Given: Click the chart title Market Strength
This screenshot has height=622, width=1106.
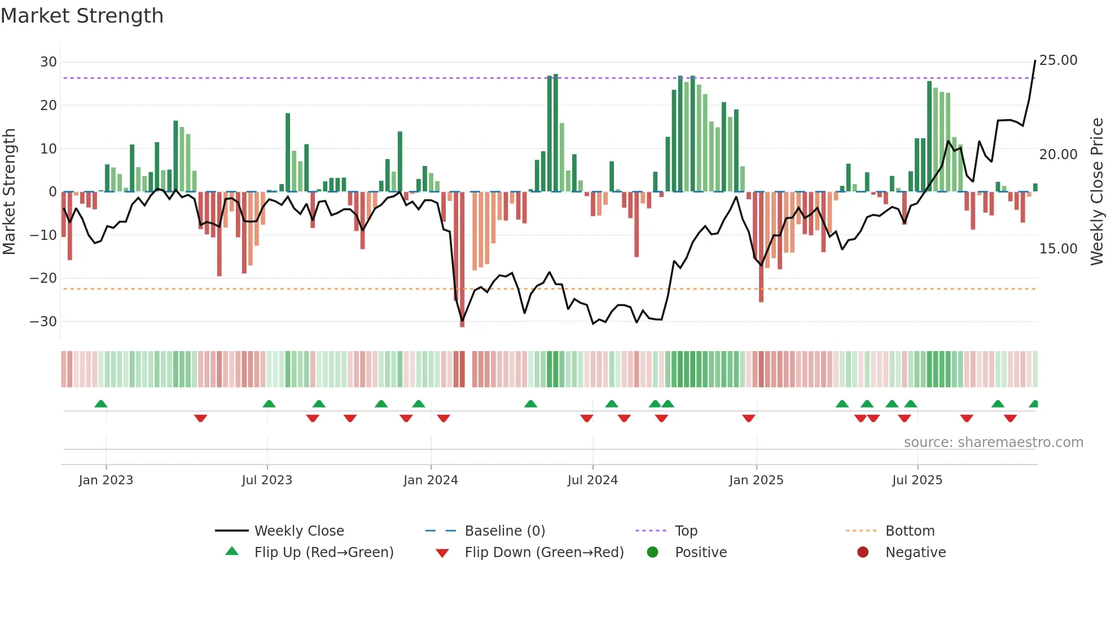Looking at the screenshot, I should point(82,16).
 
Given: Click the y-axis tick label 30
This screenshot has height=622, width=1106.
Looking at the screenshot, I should point(49,62).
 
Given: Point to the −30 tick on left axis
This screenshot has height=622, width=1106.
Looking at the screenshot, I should point(43,322).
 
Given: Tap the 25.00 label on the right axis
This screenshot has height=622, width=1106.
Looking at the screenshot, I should point(1058,60).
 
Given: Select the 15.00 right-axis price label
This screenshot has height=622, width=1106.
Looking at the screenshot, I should point(1058,249).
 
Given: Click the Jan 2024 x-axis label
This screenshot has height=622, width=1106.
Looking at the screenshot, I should point(431,480).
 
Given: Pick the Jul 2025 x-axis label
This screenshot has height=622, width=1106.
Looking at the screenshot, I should point(917,480).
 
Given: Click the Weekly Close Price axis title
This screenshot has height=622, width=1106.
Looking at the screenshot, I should point(1096,192).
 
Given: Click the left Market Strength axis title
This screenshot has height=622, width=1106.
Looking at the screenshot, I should point(9,192).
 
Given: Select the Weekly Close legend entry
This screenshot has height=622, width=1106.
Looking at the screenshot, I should point(299,531).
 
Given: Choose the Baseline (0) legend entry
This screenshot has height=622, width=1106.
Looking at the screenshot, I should point(504,531).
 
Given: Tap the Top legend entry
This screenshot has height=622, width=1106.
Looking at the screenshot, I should point(686,531).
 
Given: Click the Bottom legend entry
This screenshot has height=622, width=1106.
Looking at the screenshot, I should point(910,531).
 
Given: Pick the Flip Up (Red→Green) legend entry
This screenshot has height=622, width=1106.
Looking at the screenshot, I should point(323,553).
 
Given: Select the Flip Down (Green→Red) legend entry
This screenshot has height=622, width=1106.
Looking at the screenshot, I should point(544,553).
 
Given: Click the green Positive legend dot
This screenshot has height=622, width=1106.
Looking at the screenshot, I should point(653,553).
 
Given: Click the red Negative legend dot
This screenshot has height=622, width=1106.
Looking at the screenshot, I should point(863,553).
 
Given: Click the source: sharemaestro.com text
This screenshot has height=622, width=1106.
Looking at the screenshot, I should point(993,443).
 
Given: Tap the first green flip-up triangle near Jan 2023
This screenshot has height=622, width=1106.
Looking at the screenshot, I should point(101,404).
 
